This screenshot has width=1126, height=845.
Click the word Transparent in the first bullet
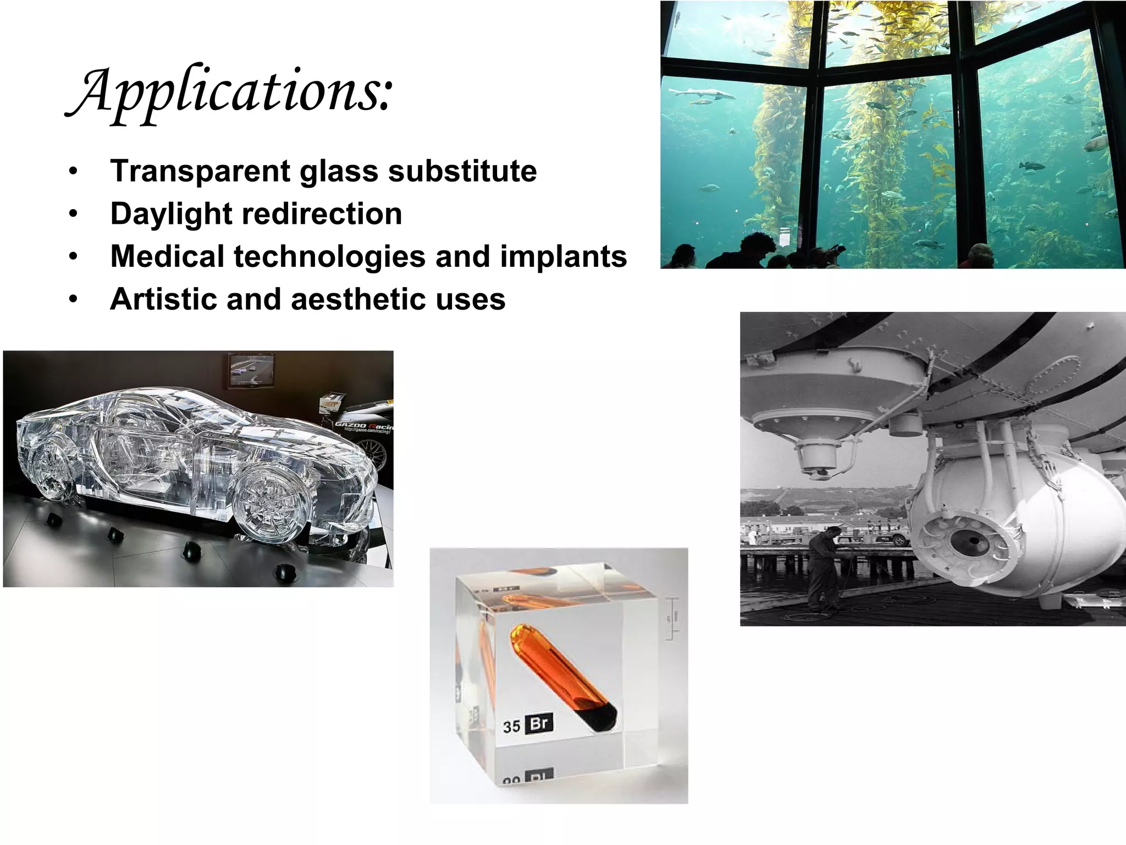[x=200, y=171]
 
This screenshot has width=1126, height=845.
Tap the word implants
[x=563, y=257]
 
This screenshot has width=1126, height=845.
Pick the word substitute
[x=462, y=171]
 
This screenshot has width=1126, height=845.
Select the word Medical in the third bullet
[x=167, y=256]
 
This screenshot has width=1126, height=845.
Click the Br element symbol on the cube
[x=539, y=723]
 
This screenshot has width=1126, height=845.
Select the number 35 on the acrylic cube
[x=511, y=727]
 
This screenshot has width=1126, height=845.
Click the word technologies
[x=329, y=257]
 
